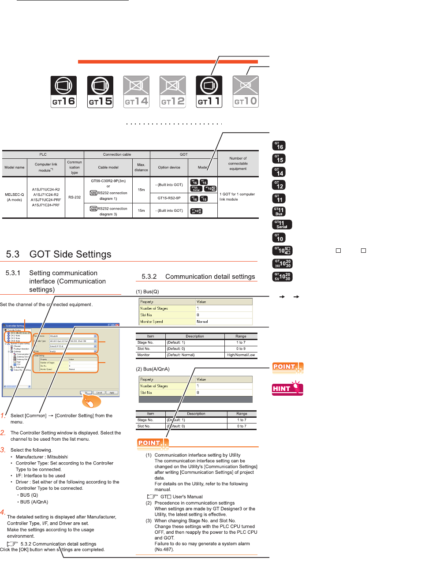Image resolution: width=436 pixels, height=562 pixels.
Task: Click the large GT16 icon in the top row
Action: click(x=64, y=92)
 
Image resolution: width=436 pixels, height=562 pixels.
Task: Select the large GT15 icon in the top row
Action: click(x=100, y=92)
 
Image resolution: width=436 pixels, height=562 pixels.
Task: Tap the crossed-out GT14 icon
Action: click(x=136, y=92)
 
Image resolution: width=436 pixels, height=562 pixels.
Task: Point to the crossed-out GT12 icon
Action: click(x=172, y=92)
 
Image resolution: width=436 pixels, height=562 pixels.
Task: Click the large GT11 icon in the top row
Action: click(x=209, y=92)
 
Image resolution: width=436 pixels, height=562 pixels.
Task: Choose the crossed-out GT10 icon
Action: click(x=246, y=92)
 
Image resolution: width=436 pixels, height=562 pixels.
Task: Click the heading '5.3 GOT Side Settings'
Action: click(x=58, y=255)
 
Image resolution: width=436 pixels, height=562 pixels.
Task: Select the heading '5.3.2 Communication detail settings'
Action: click(x=198, y=277)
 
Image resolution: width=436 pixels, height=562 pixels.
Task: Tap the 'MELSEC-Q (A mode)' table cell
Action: click(x=14, y=197)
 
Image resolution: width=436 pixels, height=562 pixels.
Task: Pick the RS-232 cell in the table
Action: click(x=75, y=197)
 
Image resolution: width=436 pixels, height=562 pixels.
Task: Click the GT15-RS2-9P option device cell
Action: click(x=169, y=198)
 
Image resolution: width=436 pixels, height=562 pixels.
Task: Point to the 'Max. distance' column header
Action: click(x=141, y=167)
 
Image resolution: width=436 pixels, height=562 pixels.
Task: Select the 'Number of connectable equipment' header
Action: click(x=238, y=163)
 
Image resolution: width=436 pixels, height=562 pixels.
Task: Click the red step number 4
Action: click(x=3, y=512)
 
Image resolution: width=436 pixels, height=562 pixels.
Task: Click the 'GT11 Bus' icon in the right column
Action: click(x=279, y=212)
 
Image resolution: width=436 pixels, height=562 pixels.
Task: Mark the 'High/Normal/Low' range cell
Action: click(x=241, y=355)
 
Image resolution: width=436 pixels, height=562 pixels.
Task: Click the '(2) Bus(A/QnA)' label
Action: click(x=153, y=369)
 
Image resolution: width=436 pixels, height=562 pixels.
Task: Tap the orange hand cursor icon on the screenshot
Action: click(x=91, y=402)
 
